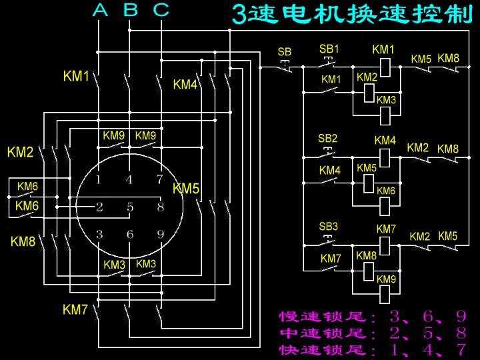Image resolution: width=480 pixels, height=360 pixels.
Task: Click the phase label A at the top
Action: point(99,10)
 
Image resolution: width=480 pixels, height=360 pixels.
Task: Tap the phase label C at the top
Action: point(161,10)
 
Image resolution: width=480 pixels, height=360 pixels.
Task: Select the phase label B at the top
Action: point(131,10)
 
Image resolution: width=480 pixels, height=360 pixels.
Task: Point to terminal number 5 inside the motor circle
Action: point(130,207)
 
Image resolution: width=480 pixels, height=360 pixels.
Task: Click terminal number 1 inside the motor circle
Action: point(99,179)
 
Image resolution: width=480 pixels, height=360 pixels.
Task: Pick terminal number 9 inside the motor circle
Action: point(160,234)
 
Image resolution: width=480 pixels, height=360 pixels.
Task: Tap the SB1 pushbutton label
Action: point(329,49)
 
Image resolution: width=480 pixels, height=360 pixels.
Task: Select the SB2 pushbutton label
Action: point(327,139)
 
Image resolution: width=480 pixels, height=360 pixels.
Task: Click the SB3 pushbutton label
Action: point(328,227)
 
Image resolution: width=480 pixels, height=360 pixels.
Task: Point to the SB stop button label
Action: point(284,52)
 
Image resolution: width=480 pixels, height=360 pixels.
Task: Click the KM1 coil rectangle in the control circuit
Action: point(385,66)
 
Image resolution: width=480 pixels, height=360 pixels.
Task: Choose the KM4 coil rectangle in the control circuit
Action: point(385,156)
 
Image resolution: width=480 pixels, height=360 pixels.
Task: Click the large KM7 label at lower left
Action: point(75,310)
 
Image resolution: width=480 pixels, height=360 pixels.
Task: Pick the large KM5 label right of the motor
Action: point(186,189)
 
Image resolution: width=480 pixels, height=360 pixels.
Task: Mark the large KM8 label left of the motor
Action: point(23,242)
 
